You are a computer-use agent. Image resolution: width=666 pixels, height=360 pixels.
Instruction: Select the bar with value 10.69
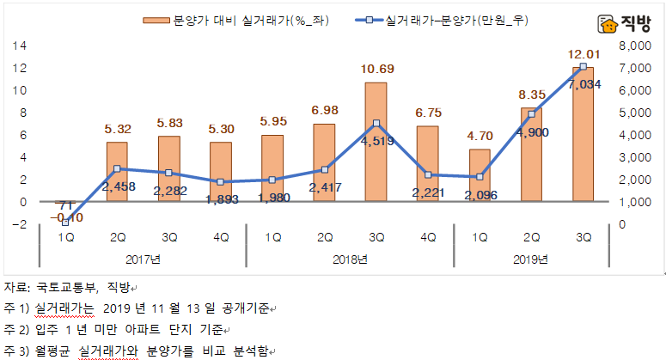(x=376, y=142)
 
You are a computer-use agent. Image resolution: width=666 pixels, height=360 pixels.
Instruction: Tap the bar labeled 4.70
(x=480, y=175)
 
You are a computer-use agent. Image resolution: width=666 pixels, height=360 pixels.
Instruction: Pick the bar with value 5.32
(x=117, y=172)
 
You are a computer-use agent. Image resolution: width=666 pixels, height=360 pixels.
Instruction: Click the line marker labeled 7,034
(x=583, y=66)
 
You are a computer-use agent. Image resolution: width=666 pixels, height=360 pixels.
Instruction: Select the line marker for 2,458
(x=117, y=169)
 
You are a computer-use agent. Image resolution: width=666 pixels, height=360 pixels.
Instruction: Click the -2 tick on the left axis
(x=20, y=224)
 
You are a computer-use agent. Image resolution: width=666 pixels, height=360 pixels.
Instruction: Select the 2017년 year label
(x=143, y=259)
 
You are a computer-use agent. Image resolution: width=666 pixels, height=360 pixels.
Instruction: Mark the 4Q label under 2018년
(x=427, y=238)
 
